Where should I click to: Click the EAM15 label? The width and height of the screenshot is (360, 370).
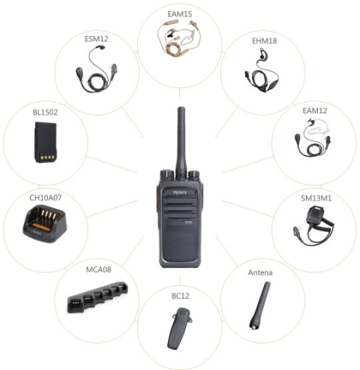click(x=180, y=14)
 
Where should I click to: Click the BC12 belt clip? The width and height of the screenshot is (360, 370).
click(x=178, y=330)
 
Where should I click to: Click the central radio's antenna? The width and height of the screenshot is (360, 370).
click(x=180, y=139)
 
